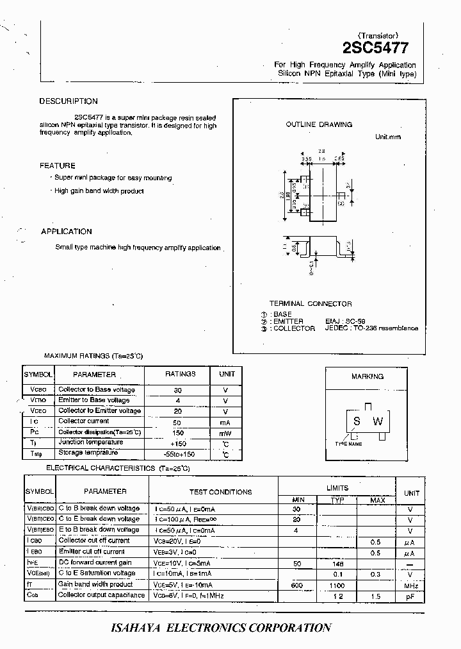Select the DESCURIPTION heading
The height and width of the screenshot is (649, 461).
tap(69, 101)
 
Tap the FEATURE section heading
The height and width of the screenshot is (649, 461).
tap(58, 165)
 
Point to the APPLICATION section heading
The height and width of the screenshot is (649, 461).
tap(67, 232)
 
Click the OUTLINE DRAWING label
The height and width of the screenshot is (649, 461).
tap(319, 124)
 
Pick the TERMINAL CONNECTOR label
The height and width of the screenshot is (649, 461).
tap(310, 303)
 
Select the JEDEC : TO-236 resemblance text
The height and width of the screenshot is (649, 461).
tap(371, 328)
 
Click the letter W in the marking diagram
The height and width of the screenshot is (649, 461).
tap(378, 421)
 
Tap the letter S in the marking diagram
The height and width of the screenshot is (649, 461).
tap(357, 421)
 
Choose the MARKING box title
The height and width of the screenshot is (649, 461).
tap(368, 376)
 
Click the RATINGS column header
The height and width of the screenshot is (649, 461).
tap(181, 374)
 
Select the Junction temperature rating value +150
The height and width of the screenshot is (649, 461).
tap(178, 443)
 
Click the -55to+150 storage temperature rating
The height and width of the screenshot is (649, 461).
tap(179, 454)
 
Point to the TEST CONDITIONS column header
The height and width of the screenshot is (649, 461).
tap(221, 492)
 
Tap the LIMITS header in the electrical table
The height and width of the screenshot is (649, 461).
tap(337, 488)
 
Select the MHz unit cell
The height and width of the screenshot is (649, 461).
tap(411, 586)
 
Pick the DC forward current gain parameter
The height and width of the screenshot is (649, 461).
tap(95, 562)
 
